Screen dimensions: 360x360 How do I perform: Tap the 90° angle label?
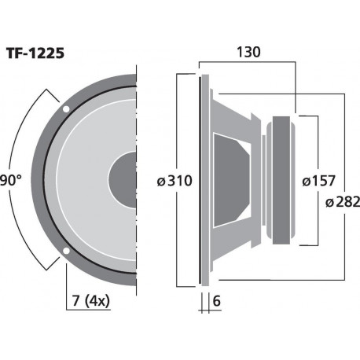10,180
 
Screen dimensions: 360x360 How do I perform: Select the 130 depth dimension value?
248,52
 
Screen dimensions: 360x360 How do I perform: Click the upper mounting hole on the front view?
66,108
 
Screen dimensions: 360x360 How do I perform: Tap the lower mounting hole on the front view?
66,252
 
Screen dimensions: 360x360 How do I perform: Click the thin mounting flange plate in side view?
202,180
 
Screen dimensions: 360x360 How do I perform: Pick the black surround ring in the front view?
48,180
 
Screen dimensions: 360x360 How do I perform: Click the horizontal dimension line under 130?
247,62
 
